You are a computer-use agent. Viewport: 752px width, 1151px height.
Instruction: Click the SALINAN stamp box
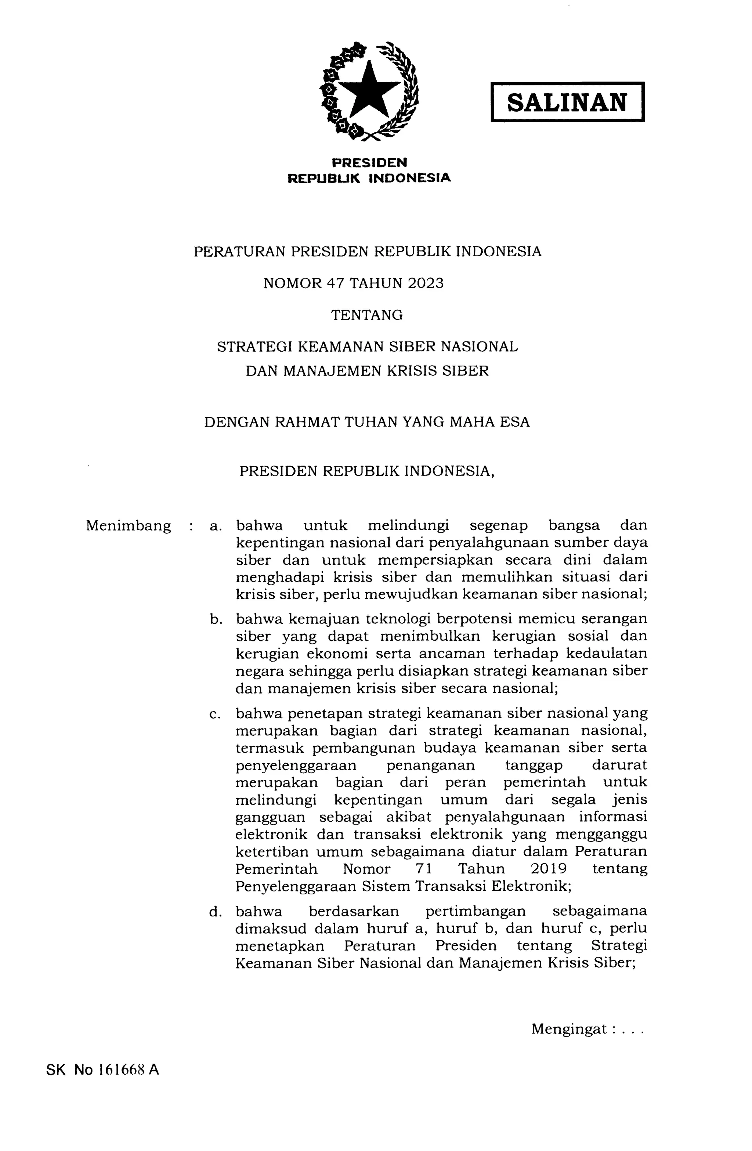click(x=567, y=102)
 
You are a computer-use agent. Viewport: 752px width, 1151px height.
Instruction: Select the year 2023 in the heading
click(x=425, y=283)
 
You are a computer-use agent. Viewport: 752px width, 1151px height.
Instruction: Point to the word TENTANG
click(x=366, y=315)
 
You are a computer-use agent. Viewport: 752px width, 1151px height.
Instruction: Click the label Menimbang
click(x=128, y=526)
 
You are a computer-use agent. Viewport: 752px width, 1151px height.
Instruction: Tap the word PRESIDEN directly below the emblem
click(x=369, y=162)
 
